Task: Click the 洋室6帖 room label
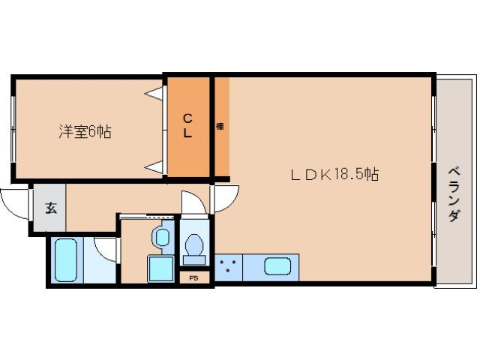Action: click(85, 132)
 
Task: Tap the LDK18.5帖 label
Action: click(334, 175)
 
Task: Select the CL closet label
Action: click(188, 125)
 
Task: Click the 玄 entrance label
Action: click(50, 208)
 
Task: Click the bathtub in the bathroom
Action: click(67, 259)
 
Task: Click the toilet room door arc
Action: click(192, 203)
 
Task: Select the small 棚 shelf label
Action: click(220, 125)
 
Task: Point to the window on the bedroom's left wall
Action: click(13, 127)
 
